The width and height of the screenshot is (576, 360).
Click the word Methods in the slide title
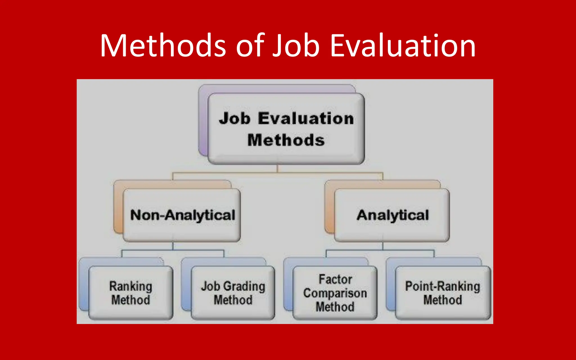click(x=163, y=46)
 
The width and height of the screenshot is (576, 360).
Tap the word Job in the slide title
click(x=296, y=46)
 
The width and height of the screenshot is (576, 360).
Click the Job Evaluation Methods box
click(x=286, y=129)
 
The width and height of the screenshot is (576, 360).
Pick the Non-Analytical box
click(x=182, y=215)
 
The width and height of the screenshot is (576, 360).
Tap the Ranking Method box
click(x=131, y=293)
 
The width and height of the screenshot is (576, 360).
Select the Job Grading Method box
click(x=233, y=293)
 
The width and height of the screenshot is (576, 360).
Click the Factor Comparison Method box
click(x=335, y=293)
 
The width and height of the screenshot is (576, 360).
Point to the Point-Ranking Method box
click(x=443, y=293)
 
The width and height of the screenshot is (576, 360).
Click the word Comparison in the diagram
click(x=335, y=293)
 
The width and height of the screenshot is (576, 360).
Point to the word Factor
click(x=335, y=279)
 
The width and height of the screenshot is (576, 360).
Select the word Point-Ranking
click(x=443, y=286)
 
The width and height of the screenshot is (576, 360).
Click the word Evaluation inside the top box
click(x=306, y=118)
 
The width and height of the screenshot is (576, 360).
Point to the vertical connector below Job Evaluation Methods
click(x=277, y=168)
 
